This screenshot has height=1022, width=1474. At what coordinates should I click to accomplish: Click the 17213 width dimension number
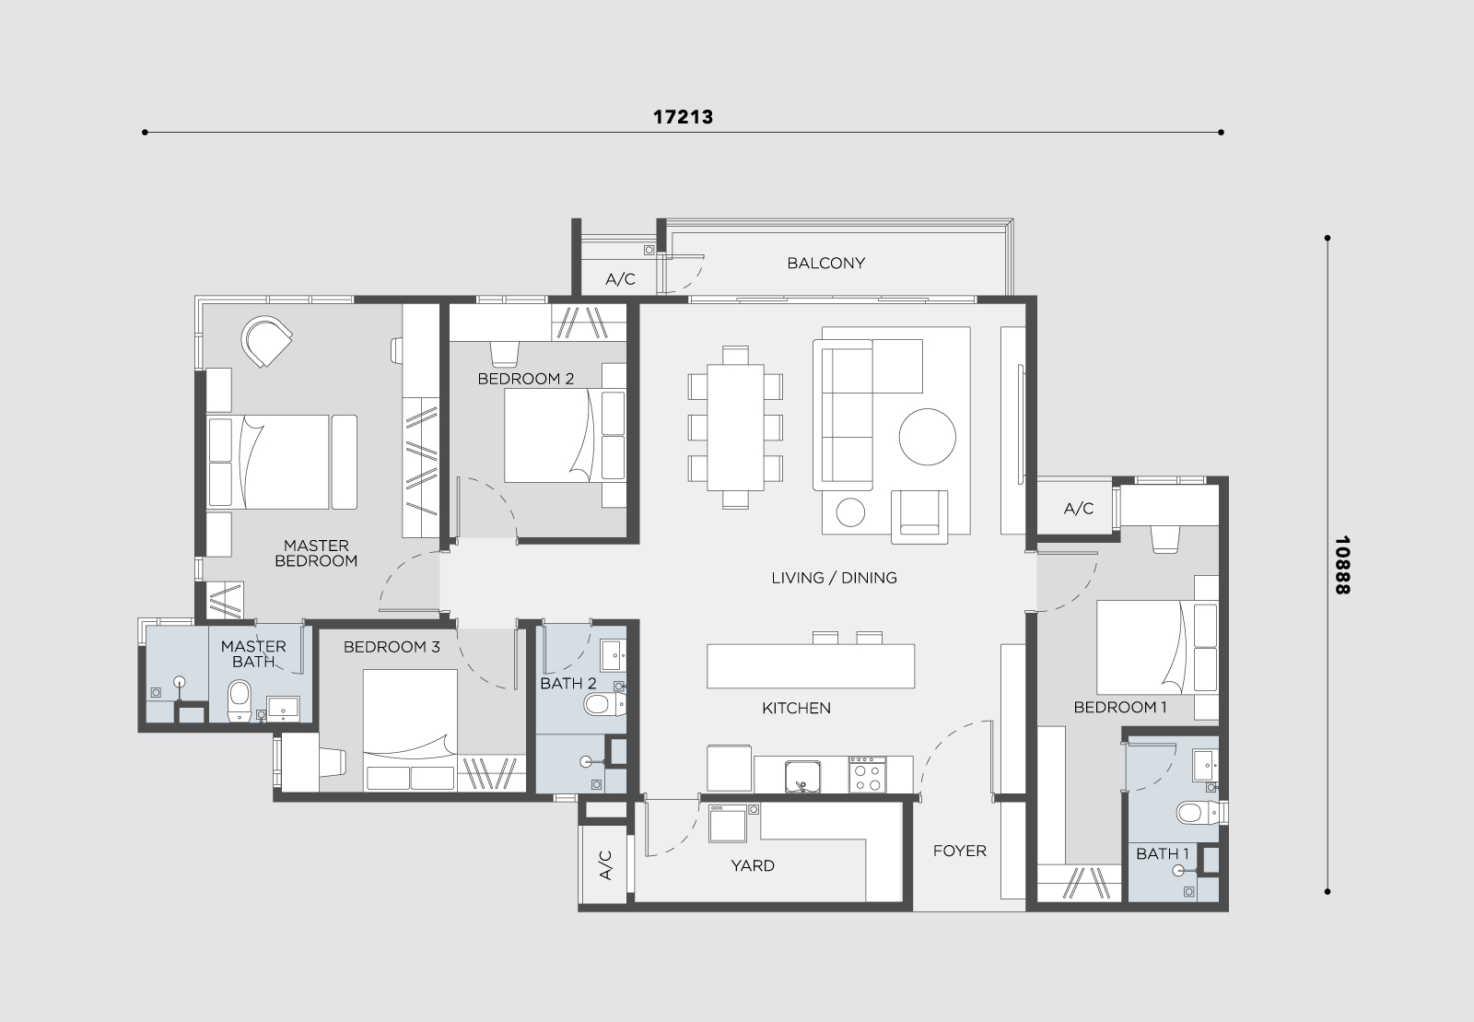pos(683,117)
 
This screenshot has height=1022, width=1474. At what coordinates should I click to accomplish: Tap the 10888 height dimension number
pos(1341,565)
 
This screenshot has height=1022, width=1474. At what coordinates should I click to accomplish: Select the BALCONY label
pos(825,264)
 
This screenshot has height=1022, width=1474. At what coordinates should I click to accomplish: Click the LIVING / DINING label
pos(834,578)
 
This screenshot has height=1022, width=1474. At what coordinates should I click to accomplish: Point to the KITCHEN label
pos(796,708)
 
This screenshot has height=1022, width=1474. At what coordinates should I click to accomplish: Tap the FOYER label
pos(959,851)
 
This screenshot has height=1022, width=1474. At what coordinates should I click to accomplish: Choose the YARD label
pos(752,865)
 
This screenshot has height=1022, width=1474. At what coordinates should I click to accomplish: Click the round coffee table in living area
pos(927,436)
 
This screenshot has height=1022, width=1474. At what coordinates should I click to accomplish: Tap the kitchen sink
pos(802,776)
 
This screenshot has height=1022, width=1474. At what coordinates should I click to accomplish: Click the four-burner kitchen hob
pos(867,774)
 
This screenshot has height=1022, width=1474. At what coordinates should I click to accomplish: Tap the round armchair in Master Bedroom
pos(266,341)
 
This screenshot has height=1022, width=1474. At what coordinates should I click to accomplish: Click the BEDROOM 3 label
pos(392,647)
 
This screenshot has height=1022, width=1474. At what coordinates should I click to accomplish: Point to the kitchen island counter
pos(811,666)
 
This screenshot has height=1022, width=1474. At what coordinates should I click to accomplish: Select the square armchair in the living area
pos(919,517)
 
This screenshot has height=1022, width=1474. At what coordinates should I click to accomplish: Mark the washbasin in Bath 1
pos(1206,766)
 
